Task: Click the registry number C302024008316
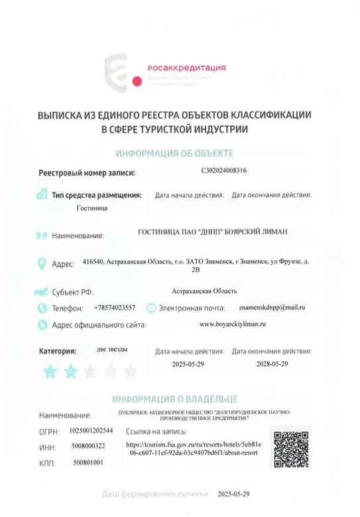(x=223, y=170)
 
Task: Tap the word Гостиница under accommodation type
(x=91, y=207)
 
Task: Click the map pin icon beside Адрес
(x=42, y=264)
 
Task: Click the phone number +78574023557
(x=115, y=308)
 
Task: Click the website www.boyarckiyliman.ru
(x=232, y=324)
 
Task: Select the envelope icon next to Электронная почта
(x=151, y=308)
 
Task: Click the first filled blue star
(x=50, y=371)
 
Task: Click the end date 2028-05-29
(x=272, y=365)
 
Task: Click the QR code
(x=292, y=449)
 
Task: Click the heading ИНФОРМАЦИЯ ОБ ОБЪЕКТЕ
(x=174, y=154)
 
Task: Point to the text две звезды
(x=113, y=349)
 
